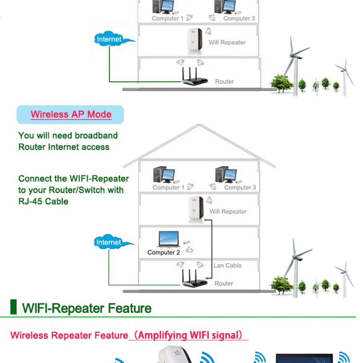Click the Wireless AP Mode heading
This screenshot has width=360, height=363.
pos(71,114)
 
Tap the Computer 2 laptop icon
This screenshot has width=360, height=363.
pos(169,239)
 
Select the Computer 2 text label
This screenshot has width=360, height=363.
pos(164,252)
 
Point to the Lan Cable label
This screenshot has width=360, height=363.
pos(227,265)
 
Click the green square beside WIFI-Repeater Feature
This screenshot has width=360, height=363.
pos(14,307)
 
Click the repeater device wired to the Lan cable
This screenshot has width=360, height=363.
pos(196,209)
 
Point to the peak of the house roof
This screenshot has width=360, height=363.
pos(199,125)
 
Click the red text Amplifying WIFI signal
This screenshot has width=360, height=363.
pos(188,335)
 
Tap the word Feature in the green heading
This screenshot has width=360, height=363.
pos(130,308)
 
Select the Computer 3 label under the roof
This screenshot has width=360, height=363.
pos(240,187)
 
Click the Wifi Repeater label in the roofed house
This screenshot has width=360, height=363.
pos(228,211)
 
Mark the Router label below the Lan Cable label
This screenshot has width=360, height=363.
pos(224,283)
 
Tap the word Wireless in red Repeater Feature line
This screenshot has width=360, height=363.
pos(29,335)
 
